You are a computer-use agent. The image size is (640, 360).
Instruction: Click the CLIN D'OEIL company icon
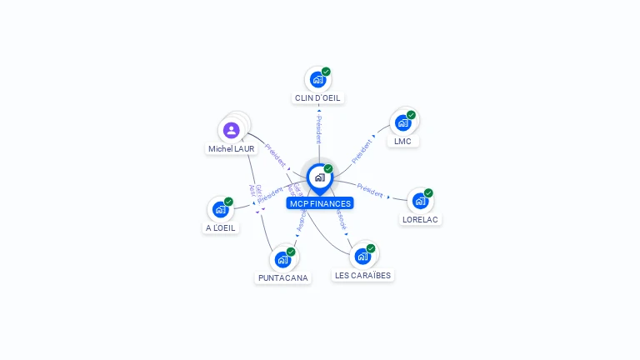tap(317, 79)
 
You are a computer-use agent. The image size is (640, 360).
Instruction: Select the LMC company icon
tap(403, 122)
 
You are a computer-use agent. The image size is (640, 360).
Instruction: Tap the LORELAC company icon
tap(421, 201)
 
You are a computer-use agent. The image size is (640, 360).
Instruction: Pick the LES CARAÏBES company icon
tap(362, 256)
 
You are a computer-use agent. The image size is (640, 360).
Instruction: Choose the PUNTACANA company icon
tap(282, 259)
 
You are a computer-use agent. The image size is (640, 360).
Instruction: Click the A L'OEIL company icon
tap(220, 209)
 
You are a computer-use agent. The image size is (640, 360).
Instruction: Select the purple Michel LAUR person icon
tap(232, 130)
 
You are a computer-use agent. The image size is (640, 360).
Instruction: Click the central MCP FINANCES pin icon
tap(319, 177)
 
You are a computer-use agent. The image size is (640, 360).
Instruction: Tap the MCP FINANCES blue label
tap(320, 203)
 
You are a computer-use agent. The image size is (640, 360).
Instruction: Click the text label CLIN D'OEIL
tap(317, 98)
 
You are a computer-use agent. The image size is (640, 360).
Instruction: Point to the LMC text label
tap(403, 142)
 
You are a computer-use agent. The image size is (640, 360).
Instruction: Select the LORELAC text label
tap(421, 220)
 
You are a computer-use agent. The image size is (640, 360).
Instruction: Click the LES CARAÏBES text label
tap(362, 275)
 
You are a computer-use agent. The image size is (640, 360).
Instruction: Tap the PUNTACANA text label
tap(282, 278)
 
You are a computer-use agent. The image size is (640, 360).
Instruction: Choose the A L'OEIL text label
tap(220, 228)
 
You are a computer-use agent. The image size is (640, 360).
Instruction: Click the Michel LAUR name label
tap(232, 149)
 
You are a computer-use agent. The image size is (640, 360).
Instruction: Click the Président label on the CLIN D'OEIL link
tap(318, 130)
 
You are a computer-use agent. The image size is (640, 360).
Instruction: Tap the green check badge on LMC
tap(411, 115)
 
